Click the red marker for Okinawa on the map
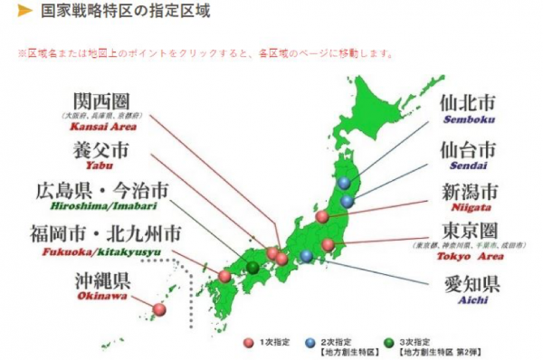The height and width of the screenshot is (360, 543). pos(159,309)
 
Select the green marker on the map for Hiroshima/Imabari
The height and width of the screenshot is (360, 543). pos(252,267)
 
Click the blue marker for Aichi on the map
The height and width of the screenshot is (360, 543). pos(307,256)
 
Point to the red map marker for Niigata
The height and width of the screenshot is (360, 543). pos(320,216)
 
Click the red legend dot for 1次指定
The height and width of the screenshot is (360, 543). pos(248,342)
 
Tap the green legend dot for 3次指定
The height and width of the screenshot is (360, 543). pos(388,342)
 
